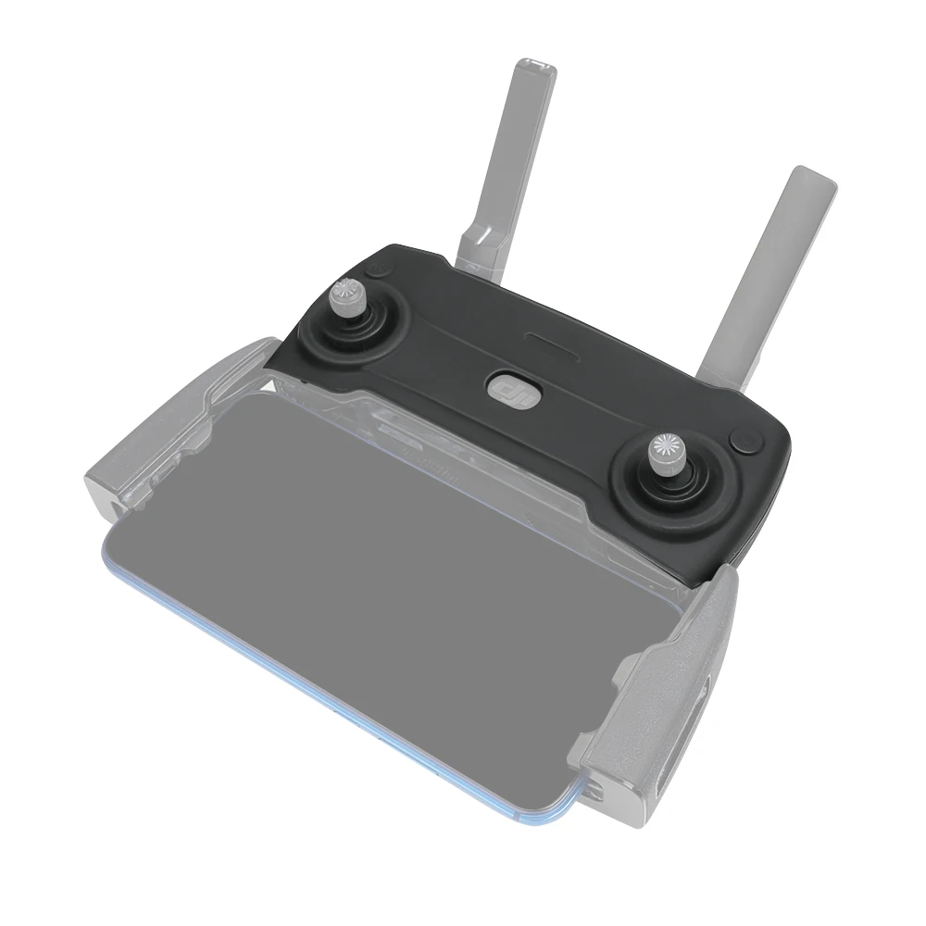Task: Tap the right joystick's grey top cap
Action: tap(666, 448)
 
